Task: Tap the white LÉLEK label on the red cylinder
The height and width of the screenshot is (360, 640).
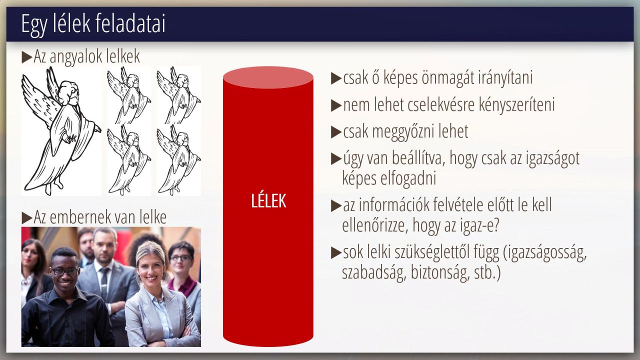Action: [268, 201]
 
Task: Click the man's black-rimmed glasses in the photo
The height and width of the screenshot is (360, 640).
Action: [64, 271]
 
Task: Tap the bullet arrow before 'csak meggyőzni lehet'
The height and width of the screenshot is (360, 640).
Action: [336, 132]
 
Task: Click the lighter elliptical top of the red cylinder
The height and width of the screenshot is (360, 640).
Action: [268, 77]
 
